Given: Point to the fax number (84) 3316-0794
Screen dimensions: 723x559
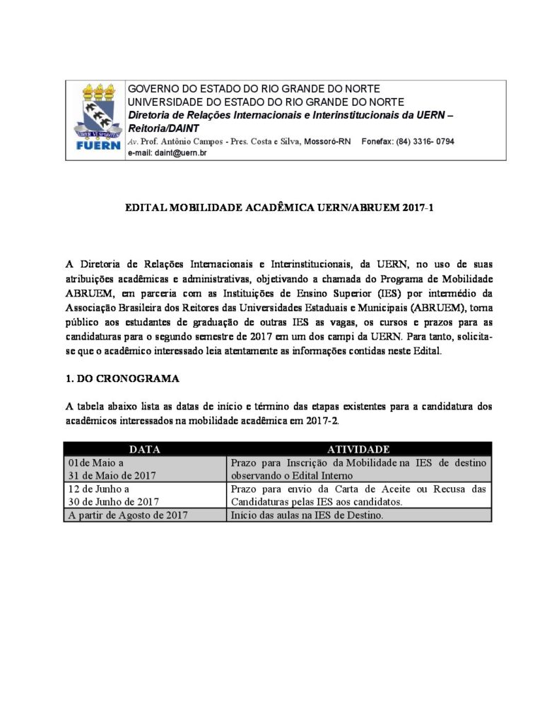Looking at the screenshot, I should click(425, 141).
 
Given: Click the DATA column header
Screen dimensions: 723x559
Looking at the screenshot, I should click(145, 449).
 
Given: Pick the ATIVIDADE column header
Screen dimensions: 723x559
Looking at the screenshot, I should click(358, 449).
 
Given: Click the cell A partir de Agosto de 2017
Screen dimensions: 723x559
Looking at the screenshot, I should click(127, 515).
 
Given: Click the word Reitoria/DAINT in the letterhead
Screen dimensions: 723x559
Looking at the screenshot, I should click(163, 129).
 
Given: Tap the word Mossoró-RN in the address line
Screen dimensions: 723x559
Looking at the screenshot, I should click(327, 141).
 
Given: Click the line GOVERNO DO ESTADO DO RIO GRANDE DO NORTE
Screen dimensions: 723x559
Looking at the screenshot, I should click(253, 89).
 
